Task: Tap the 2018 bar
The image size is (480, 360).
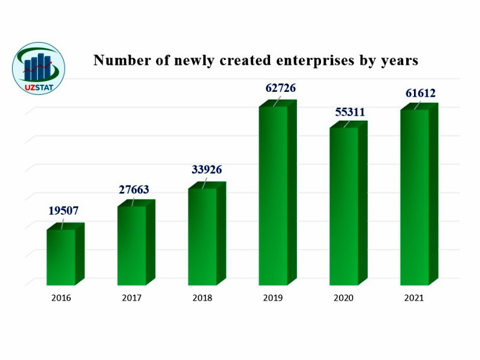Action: tap(203, 236)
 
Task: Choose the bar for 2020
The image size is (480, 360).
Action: tap(344, 206)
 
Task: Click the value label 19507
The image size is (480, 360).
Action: tap(64, 211)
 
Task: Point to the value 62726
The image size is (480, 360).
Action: tap(281, 88)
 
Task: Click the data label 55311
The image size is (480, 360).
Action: tap(350, 112)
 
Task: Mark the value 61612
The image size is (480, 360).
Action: tap(419, 93)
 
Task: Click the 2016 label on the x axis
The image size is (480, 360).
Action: tap(61, 298)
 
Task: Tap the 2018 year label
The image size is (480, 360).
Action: tap(202, 298)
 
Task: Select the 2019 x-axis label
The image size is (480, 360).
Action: tap(273, 298)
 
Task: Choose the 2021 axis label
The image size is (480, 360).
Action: tap(414, 298)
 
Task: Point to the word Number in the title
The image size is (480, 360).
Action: tap(118, 61)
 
